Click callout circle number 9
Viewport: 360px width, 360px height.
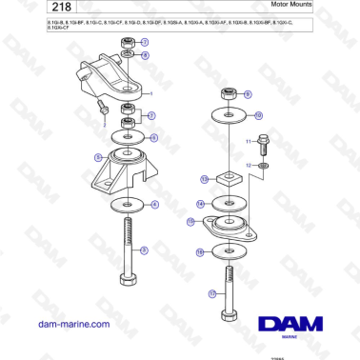(x=248, y=95)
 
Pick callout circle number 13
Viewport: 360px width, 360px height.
(x=204, y=178)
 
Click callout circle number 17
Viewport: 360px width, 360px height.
(x=212, y=294)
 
